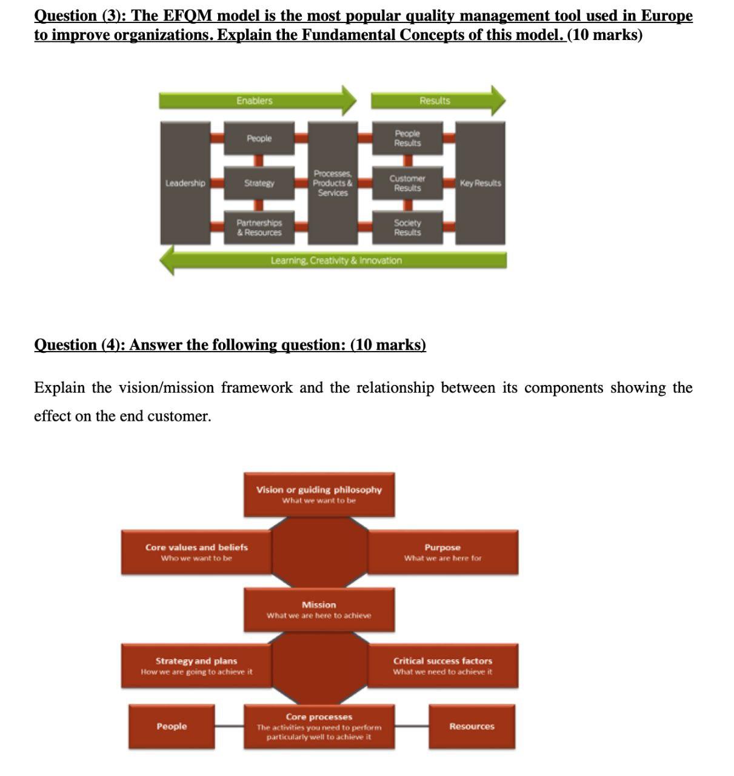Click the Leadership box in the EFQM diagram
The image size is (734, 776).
click(185, 183)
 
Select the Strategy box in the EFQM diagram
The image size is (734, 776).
click(259, 183)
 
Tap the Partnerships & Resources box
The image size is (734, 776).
click(259, 227)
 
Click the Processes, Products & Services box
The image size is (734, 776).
click(333, 183)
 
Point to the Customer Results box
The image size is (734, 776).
click(407, 183)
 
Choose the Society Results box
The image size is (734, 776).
click(407, 227)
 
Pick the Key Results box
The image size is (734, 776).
click(480, 183)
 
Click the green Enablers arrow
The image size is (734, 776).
click(255, 101)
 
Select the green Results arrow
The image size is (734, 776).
click(435, 101)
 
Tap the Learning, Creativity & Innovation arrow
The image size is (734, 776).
click(336, 261)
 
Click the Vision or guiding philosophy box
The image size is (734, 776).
click(319, 494)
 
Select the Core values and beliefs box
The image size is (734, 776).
click(196, 552)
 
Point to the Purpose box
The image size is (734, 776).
click(442, 552)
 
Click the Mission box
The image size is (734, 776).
click(319, 609)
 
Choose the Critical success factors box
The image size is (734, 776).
click(442, 666)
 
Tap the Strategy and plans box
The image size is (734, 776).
click(196, 666)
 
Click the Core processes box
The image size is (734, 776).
click(319, 726)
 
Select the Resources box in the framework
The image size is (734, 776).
click(472, 726)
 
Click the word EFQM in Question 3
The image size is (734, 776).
click(187, 16)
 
